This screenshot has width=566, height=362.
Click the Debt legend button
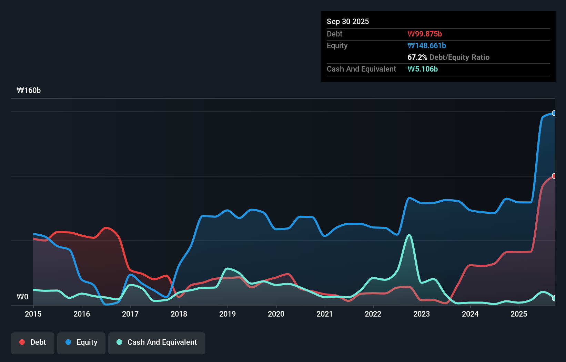33,343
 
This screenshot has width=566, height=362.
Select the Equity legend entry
81,343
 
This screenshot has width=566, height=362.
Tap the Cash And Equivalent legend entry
157,343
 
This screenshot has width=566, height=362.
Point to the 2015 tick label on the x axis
33,314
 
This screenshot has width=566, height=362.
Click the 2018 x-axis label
179,314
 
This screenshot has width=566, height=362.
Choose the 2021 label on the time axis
325,314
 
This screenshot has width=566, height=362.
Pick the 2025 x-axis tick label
519,314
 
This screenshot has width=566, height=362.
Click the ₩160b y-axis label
29,90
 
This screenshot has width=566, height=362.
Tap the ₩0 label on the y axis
22,297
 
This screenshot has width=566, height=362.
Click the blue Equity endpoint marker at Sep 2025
554,113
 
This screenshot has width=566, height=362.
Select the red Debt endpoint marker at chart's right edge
554,176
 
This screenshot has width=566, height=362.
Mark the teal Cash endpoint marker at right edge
554,298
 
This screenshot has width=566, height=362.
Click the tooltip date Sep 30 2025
347,22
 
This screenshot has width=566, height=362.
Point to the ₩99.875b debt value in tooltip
424,34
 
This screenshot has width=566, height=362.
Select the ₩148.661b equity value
426,46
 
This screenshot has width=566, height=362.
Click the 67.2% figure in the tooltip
417,57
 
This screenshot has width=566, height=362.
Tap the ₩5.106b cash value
422,69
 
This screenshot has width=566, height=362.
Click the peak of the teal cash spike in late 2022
409,235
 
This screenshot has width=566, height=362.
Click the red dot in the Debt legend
22,342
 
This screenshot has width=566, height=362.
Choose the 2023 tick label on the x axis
422,314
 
